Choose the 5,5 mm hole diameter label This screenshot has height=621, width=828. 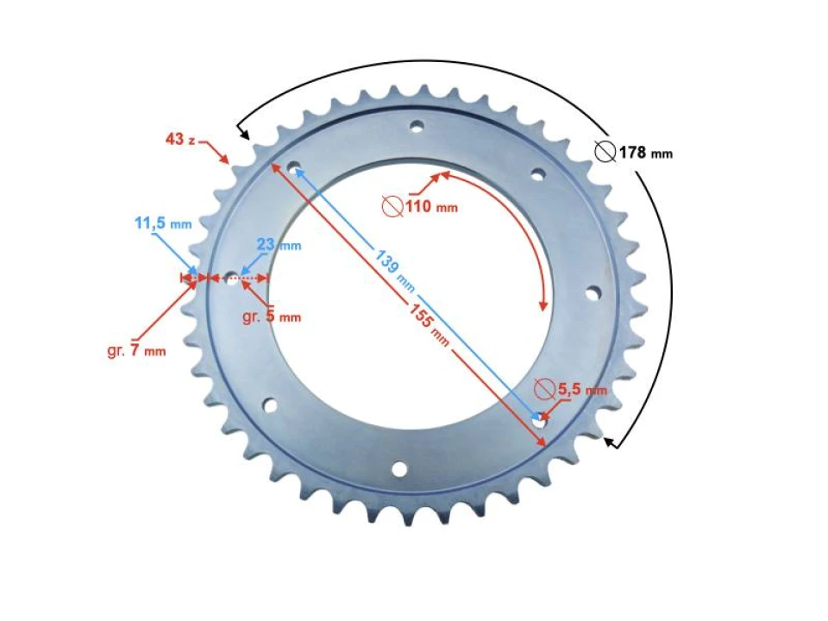tap(581, 390)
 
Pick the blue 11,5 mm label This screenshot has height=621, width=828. tap(162, 224)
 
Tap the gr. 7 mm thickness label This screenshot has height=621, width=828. tap(136, 351)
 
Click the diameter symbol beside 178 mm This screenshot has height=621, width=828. tap(605, 153)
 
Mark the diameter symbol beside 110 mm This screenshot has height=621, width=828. tap(392, 207)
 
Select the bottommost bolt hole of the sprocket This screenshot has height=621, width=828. tap(399, 469)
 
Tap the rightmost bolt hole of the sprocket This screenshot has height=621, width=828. tap(592, 293)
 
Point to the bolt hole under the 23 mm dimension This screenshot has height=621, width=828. tap(231, 278)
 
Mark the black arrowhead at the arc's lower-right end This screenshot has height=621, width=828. tap(611, 442)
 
